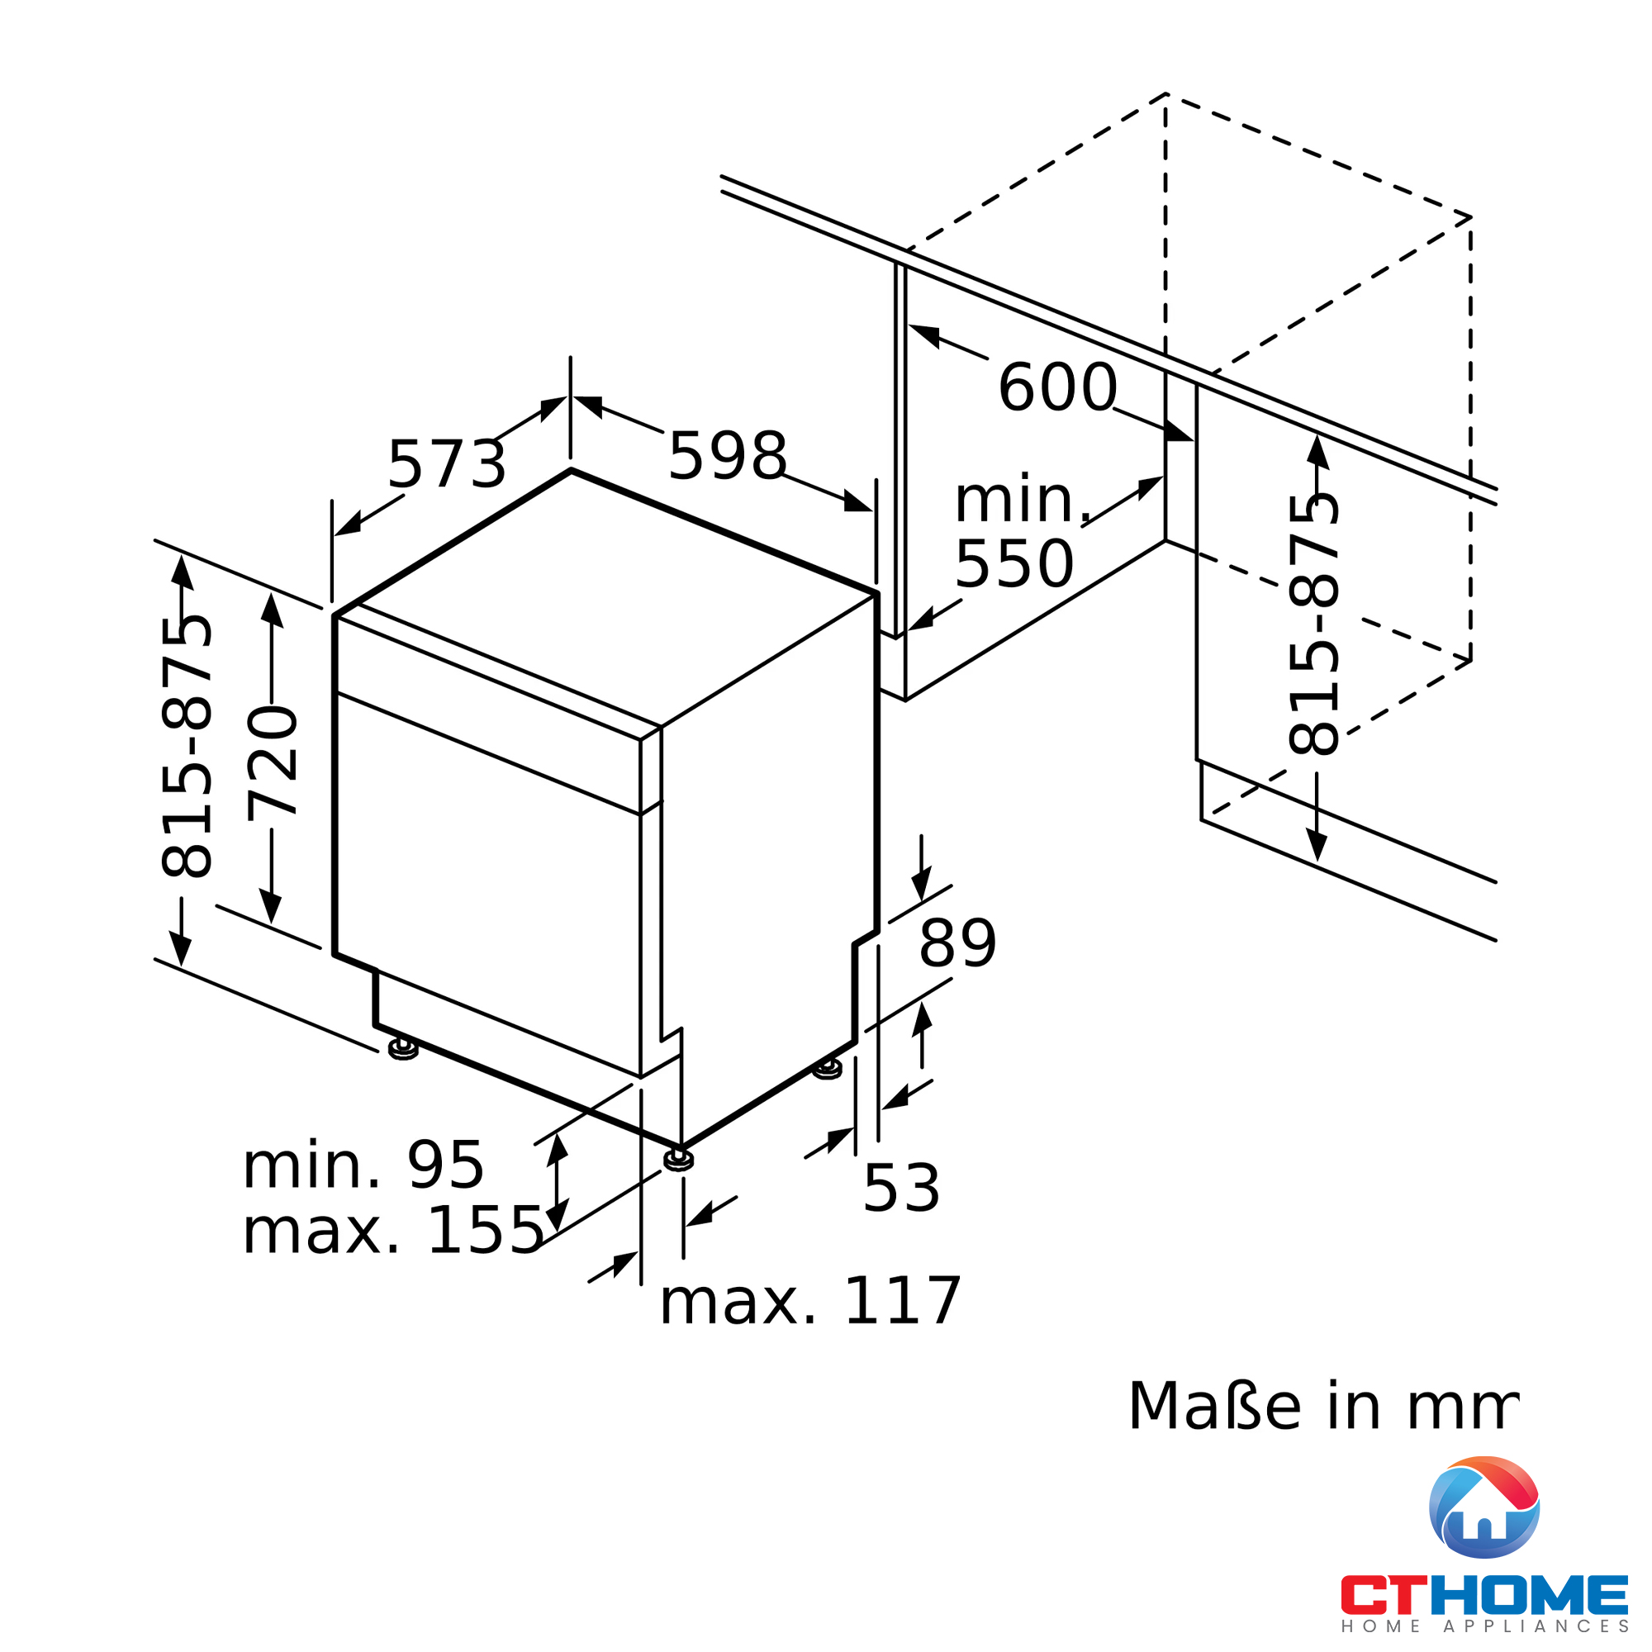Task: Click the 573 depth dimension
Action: (446, 464)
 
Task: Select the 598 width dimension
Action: (727, 456)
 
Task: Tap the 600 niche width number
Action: (1057, 387)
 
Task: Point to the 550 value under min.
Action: (1014, 563)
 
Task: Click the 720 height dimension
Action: (273, 762)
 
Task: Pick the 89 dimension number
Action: (957, 944)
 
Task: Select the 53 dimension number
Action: (901, 1188)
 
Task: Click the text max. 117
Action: (810, 1302)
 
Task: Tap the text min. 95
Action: (363, 1165)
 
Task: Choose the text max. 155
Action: (393, 1232)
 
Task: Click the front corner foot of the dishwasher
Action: (679, 1160)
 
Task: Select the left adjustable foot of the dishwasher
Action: (403, 1048)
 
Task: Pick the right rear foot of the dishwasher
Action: (827, 1069)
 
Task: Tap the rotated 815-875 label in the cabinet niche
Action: (1313, 625)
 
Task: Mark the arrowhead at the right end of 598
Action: (857, 502)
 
